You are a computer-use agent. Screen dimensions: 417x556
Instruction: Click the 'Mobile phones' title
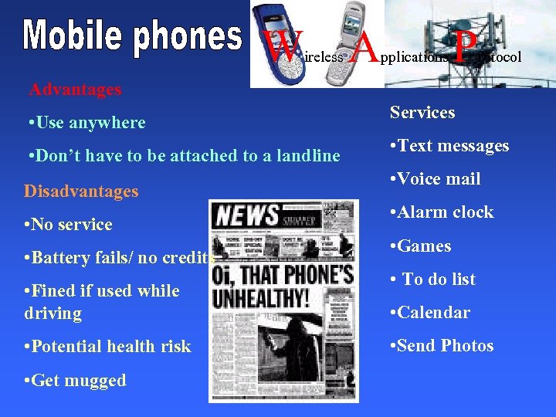132,38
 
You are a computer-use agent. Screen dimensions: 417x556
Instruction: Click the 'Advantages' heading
76,89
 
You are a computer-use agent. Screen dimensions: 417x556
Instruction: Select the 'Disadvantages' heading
81,191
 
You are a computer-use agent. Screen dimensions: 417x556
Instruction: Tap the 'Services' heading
422,113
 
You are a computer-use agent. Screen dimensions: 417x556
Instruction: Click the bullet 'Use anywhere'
86,122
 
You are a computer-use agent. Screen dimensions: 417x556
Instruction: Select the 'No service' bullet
69,225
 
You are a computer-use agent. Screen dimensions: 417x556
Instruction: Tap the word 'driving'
53,314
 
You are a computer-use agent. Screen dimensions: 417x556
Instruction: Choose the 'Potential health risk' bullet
108,347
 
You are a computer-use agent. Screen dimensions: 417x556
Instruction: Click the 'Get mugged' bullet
76,381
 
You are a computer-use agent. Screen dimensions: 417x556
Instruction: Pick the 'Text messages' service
449,146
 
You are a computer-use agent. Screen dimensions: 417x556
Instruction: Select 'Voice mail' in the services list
436,179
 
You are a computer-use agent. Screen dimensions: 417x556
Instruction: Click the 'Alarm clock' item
442,212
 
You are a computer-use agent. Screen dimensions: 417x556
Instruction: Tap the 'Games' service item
421,246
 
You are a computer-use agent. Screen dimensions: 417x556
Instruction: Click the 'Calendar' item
431,313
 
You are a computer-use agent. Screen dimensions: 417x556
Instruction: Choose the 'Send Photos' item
442,346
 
